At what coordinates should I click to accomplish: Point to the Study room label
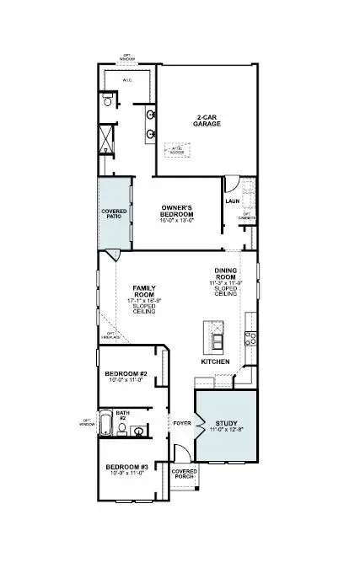pos(227,424)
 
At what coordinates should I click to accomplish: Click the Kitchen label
pos(214,361)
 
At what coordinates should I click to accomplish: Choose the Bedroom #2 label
pos(126,373)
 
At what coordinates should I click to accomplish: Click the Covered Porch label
pos(184,474)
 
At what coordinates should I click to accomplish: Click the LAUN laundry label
pos(234,201)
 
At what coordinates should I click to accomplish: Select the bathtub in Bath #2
pos(105,424)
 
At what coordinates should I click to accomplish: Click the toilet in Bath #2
pos(122,429)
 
